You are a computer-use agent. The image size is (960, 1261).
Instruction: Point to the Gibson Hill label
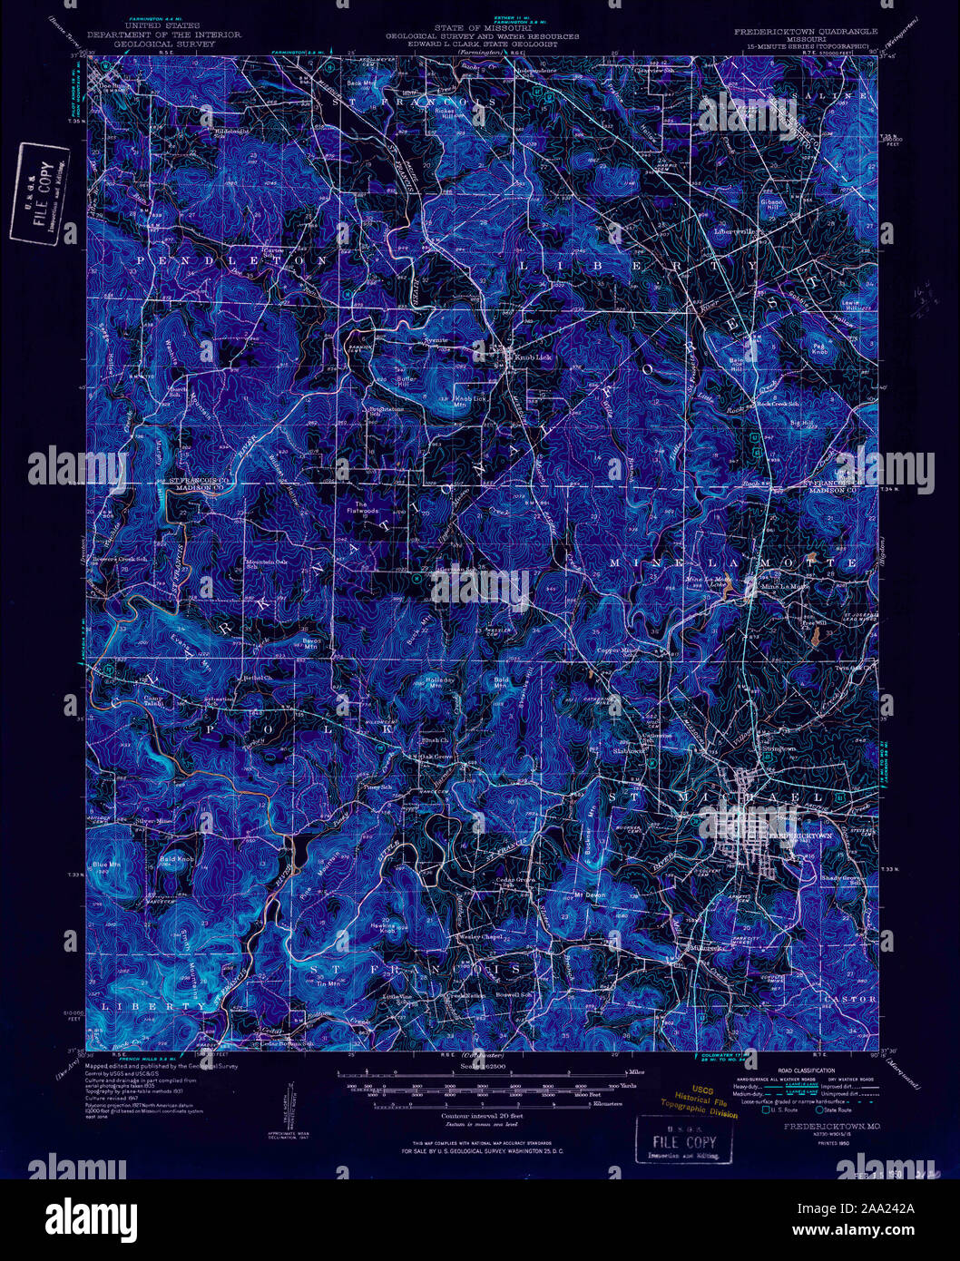[771, 204]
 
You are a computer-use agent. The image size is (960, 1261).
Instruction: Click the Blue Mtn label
[106, 865]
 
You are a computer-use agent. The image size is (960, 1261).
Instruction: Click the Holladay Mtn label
[439, 682]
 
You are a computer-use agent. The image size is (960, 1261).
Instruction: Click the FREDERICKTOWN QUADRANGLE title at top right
[806, 32]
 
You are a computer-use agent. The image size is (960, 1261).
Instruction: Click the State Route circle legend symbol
[819, 1109]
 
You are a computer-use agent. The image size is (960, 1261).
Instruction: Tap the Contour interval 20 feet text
[480, 1115]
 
